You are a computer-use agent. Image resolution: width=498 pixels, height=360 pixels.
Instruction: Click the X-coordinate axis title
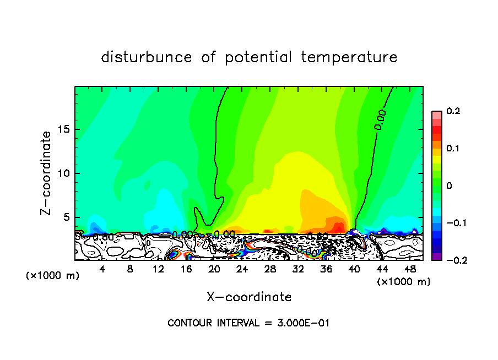tap(249, 297)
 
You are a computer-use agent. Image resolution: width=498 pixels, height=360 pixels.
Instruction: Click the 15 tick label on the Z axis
tap(64, 130)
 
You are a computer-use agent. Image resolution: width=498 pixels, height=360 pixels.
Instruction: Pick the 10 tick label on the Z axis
tap(64, 173)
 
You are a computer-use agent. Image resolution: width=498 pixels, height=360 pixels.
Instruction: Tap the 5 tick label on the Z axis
tap(67, 217)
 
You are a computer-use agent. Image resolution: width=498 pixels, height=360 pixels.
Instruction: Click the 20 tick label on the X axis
tap(214, 270)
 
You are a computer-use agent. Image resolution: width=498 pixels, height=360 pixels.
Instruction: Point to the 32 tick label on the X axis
tap(298, 270)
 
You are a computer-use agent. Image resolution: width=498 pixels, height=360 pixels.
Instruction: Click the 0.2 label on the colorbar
tap(453, 111)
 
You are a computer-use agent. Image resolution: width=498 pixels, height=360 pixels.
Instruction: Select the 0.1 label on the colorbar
tap(453, 149)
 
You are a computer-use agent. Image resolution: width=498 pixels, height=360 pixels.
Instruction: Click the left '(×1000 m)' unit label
tap(53, 276)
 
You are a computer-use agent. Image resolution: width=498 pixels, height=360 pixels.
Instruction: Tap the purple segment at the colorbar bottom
tap(437, 257)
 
